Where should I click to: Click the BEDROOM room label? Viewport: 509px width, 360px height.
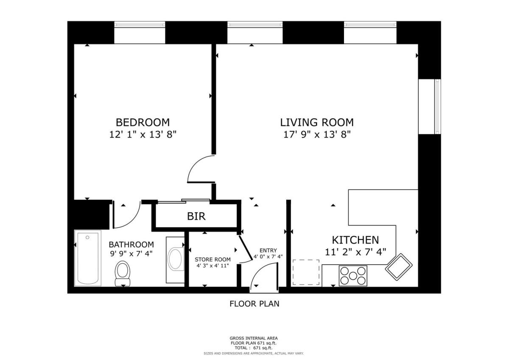(x=143, y=123)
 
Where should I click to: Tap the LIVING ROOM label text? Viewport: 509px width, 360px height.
(x=317, y=123)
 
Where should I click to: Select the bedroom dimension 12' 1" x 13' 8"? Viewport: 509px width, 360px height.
(x=143, y=134)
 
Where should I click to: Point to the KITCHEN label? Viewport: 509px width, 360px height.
(x=355, y=240)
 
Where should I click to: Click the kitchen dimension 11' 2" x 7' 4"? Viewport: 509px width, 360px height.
(x=355, y=252)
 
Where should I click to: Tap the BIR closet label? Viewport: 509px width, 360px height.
(x=196, y=216)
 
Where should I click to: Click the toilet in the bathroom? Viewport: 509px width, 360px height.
(x=123, y=273)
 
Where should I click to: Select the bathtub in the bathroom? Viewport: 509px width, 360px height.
(x=88, y=258)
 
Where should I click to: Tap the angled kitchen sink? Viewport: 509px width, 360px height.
(x=399, y=267)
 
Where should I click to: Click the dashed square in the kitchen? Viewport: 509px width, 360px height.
(x=306, y=272)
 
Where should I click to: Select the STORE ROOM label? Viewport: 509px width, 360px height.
(x=213, y=260)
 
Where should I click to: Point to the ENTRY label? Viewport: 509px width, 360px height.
(x=268, y=250)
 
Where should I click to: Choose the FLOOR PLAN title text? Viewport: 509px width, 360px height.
(x=254, y=304)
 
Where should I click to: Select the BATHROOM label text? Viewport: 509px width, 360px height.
(x=131, y=245)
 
